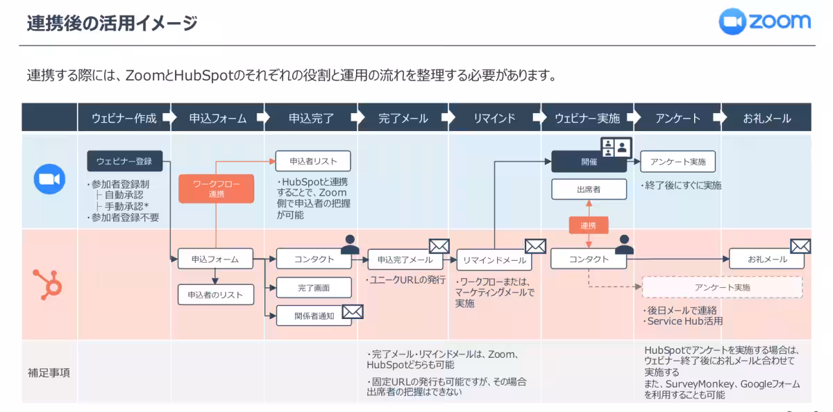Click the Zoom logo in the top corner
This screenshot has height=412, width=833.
pyautogui.click(x=764, y=22)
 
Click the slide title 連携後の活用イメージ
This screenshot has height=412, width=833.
pyautogui.click(x=112, y=24)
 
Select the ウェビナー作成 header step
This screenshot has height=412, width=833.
pyautogui.click(x=124, y=118)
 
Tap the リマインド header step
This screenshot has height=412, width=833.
pyautogui.click(x=494, y=118)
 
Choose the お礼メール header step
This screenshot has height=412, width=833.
pyautogui.click(x=766, y=118)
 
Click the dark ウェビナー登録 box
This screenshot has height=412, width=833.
pyautogui.click(x=124, y=162)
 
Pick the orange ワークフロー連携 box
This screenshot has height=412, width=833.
pyautogui.click(x=216, y=189)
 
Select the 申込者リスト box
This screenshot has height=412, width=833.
pyautogui.click(x=313, y=162)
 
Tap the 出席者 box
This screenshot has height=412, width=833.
pyautogui.click(x=589, y=189)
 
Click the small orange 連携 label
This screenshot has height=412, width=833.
pyautogui.click(x=588, y=225)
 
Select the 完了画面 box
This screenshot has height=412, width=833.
pyautogui.click(x=313, y=287)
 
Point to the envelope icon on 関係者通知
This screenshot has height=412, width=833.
pyautogui.click(x=353, y=312)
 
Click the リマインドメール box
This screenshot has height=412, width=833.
pyautogui.click(x=494, y=260)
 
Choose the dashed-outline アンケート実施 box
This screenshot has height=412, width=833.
pyautogui.click(x=722, y=287)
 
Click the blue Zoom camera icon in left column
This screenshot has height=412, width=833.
pyautogui.click(x=49, y=180)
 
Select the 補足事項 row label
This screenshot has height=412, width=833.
pyautogui.click(x=48, y=372)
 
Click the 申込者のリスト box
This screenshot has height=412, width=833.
pyautogui.click(x=215, y=295)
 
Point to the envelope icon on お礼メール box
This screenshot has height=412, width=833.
pyautogui.click(x=800, y=246)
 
